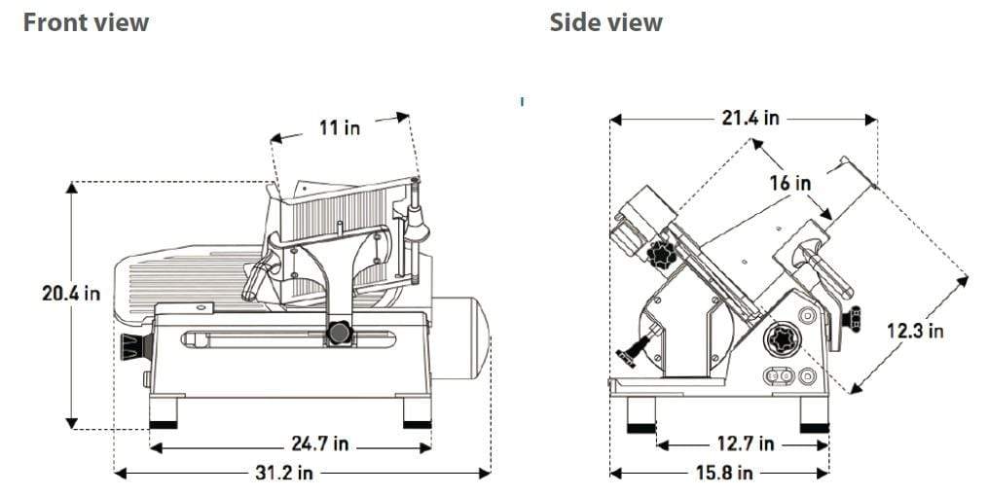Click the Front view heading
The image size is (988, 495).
tap(86, 22)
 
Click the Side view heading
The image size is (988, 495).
tap(605, 22)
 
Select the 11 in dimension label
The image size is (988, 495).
tap(338, 127)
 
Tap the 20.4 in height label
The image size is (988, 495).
tap(70, 293)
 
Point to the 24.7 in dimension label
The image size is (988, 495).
tap(320, 444)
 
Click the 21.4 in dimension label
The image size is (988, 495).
tap(750, 118)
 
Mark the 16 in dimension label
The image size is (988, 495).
tap(789, 182)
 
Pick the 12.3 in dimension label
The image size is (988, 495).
tap(915, 331)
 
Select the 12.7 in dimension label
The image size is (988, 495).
tap(746, 444)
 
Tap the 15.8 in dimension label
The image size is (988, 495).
tap(724, 473)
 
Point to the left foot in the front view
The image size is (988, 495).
tap(163, 413)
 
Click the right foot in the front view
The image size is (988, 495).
tap(417, 413)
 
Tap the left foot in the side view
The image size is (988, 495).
tap(641, 416)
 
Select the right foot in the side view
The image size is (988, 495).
tap(814, 416)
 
